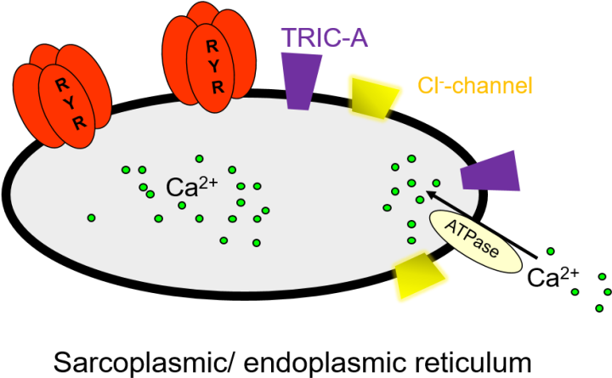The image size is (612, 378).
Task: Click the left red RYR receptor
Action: click(63, 97)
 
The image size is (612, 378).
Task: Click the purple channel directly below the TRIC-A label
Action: click(302, 81)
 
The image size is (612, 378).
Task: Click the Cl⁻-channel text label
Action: click(474, 86)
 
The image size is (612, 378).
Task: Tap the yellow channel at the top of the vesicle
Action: click(375, 94)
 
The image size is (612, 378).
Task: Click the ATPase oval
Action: click(475, 241)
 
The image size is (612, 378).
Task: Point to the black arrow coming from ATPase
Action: click(441, 203)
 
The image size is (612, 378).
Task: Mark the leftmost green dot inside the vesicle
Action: click(91, 218)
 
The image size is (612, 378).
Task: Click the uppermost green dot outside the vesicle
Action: click(551, 251)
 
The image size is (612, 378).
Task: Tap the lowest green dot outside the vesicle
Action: click(599, 308)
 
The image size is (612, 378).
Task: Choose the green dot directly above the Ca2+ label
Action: click(199, 159)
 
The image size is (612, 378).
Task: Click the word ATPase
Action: click(475, 241)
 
